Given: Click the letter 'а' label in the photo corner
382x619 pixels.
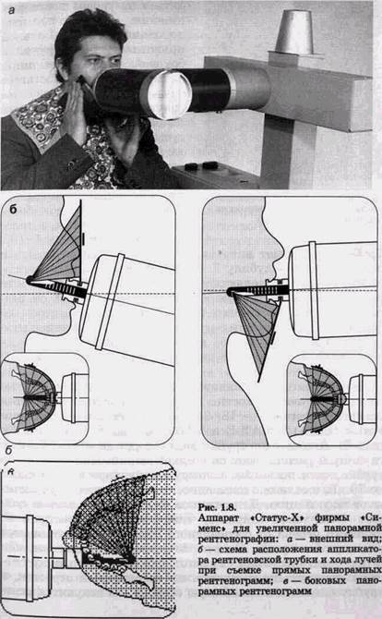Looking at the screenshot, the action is (x=11, y=11).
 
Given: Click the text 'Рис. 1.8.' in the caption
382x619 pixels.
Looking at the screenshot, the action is (x=217, y=507).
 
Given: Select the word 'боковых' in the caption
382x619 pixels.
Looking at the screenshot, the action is (x=322, y=581).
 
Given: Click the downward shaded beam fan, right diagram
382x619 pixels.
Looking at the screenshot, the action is (x=257, y=329).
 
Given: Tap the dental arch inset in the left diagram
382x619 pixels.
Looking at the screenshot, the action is (x=44, y=397).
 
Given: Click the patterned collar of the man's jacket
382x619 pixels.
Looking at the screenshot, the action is (x=38, y=118).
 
